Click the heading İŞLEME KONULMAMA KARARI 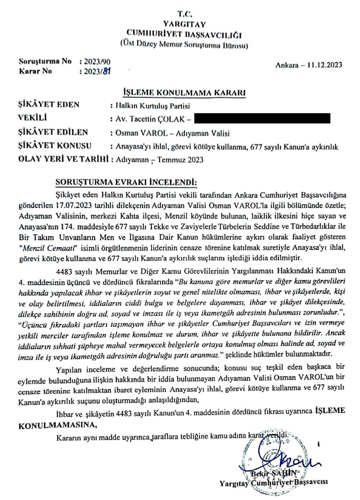click(x=184, y=92)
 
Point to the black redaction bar click(x=262, y=118)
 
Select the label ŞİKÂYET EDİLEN click(x=53, y=132)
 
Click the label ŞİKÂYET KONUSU click(x=55, y=146)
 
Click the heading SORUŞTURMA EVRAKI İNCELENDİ click(x=126, y=182)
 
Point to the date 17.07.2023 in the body click(x=73, y=206)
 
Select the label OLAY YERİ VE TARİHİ click(x=63, y=159)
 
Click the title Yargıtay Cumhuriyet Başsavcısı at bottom click(x=273, y=482)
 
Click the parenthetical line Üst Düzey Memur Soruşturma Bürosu click(x=184, y=45)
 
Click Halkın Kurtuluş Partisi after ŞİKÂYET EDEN click(x=153, y=106)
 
